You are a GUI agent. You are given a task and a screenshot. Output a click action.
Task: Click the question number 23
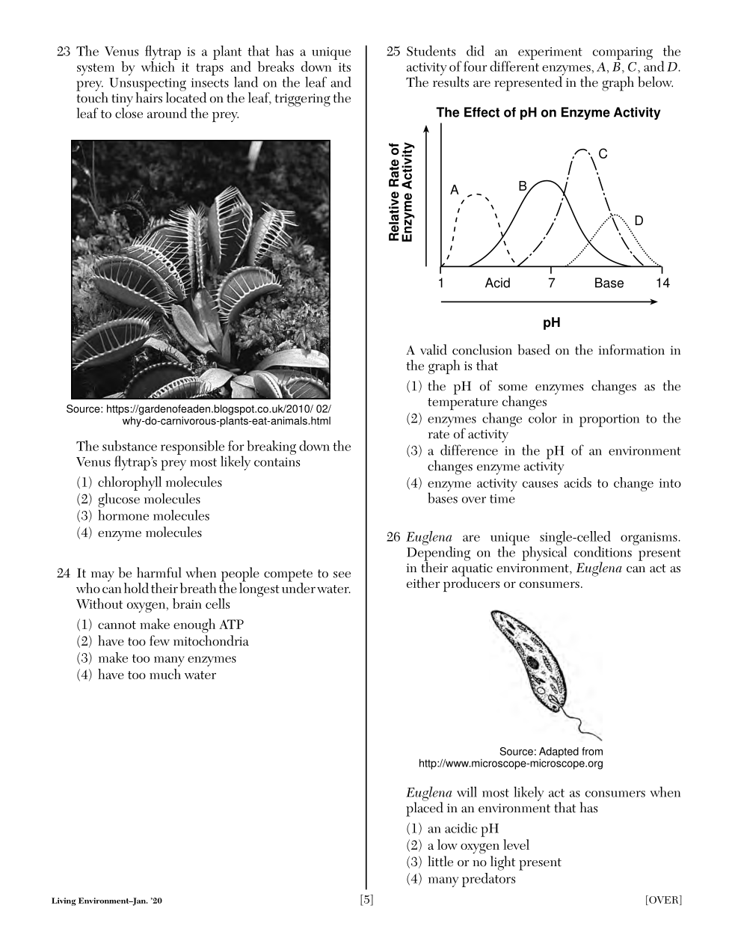coord(64,52)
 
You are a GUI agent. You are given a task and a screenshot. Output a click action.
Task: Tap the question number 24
coord(64,574)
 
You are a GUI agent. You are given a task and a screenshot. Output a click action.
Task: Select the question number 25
coord(393,52)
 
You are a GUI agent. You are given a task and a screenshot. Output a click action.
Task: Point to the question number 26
coord(393,537)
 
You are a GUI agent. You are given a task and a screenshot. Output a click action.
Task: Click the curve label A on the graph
coord(454,190)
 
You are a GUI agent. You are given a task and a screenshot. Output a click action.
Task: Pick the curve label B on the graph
coord(523,186)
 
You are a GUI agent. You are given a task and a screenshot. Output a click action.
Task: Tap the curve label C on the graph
coord(603,154)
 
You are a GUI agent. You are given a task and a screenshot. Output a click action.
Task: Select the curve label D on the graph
coord(639,221)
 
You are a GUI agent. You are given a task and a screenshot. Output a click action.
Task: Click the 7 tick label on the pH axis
coord(552,283)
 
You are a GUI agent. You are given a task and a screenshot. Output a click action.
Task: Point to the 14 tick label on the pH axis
coord(662,283)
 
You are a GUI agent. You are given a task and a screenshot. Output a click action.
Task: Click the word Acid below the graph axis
coord(497,283)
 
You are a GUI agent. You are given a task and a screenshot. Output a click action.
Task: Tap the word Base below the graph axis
coord(609,283)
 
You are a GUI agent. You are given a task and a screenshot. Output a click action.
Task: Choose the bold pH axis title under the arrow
coord(551,323)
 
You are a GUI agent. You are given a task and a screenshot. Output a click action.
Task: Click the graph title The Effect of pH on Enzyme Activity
coord(548,113)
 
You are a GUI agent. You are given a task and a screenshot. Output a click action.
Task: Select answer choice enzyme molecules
coord(150,533)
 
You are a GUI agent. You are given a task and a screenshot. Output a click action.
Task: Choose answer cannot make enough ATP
coord(170,625)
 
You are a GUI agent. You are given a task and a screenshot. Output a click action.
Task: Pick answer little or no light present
coord(493,862)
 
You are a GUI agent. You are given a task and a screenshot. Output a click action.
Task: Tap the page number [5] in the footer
coord(366,900)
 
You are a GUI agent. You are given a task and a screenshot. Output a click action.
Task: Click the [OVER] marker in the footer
coord(663,900)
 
